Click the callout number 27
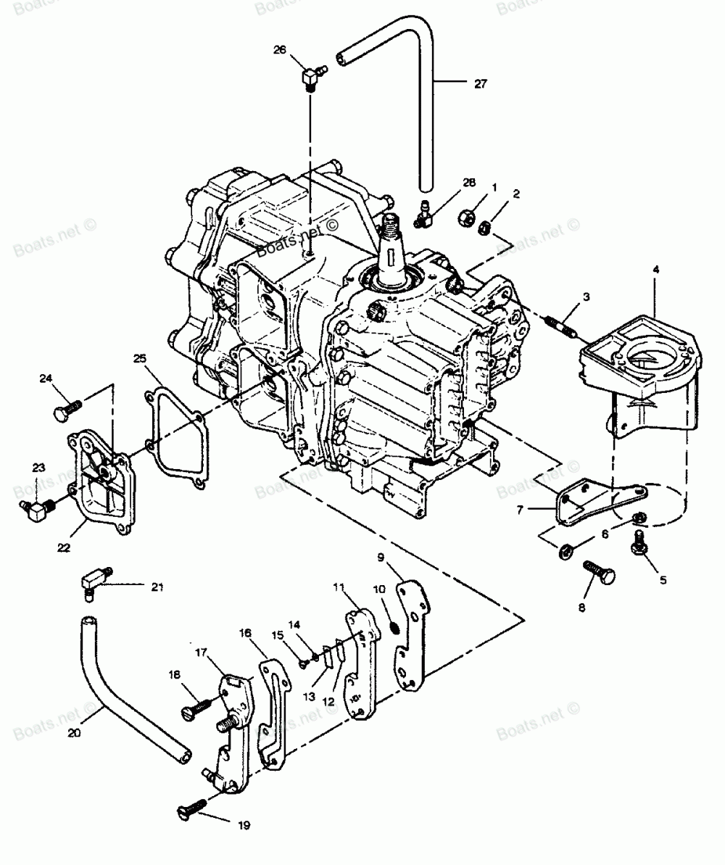(481, 83)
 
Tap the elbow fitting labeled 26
(312, 75)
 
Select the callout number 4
(655, 270)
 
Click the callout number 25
(140, 358)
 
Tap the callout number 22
(64, 548)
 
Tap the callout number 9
(401, 558)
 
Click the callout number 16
(245, 633)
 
